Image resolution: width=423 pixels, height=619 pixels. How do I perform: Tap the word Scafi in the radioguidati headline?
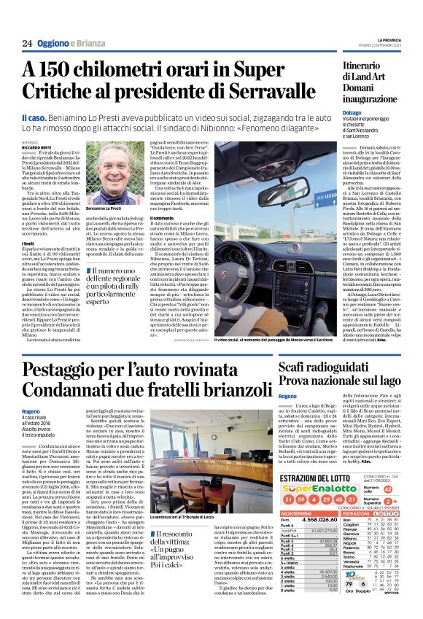298,367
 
